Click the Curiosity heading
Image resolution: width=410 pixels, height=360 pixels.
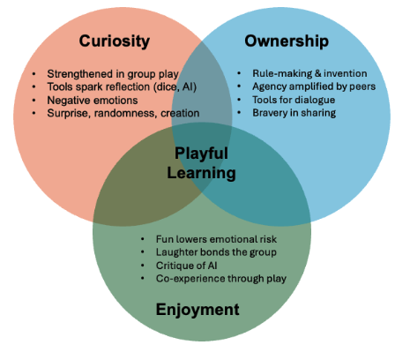tap(114, 41)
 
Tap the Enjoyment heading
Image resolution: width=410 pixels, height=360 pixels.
tap(198, 310)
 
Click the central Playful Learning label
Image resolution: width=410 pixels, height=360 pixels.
tap(202, 162)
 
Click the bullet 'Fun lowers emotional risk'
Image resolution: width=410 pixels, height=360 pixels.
tap(207, 239)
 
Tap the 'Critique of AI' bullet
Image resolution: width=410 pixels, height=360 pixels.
tap(182, 266)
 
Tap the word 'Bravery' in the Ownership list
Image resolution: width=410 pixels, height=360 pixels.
tap(260, 113)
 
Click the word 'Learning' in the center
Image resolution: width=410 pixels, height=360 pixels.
tap(202, 172)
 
